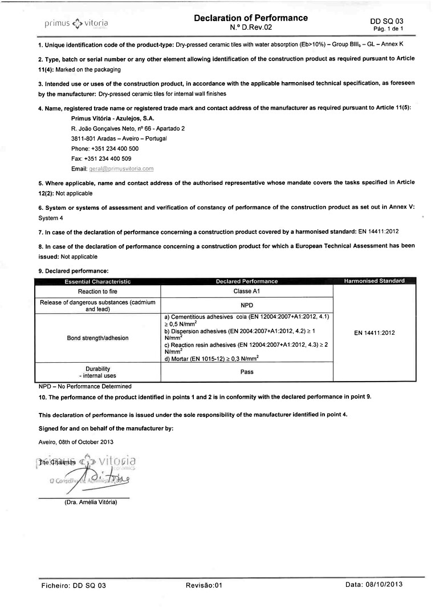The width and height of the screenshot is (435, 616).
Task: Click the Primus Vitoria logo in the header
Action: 76,23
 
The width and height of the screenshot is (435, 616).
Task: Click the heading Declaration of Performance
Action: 250,18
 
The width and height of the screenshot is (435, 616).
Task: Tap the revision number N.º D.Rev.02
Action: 251,27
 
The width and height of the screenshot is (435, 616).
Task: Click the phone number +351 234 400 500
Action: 114,149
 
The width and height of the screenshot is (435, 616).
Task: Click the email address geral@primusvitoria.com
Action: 121,169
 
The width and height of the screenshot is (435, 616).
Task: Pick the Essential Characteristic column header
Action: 97,281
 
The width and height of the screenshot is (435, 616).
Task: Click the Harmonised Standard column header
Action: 374,281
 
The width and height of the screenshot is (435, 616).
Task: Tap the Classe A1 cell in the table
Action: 246,291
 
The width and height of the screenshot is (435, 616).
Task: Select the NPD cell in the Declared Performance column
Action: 246,305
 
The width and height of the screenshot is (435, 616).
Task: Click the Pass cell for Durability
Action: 246,372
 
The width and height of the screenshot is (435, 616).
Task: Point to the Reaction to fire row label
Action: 97,291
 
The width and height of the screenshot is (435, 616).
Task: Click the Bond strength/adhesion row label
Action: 97,338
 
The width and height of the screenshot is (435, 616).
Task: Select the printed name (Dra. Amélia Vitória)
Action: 91,502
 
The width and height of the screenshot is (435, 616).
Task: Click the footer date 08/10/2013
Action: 385,585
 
